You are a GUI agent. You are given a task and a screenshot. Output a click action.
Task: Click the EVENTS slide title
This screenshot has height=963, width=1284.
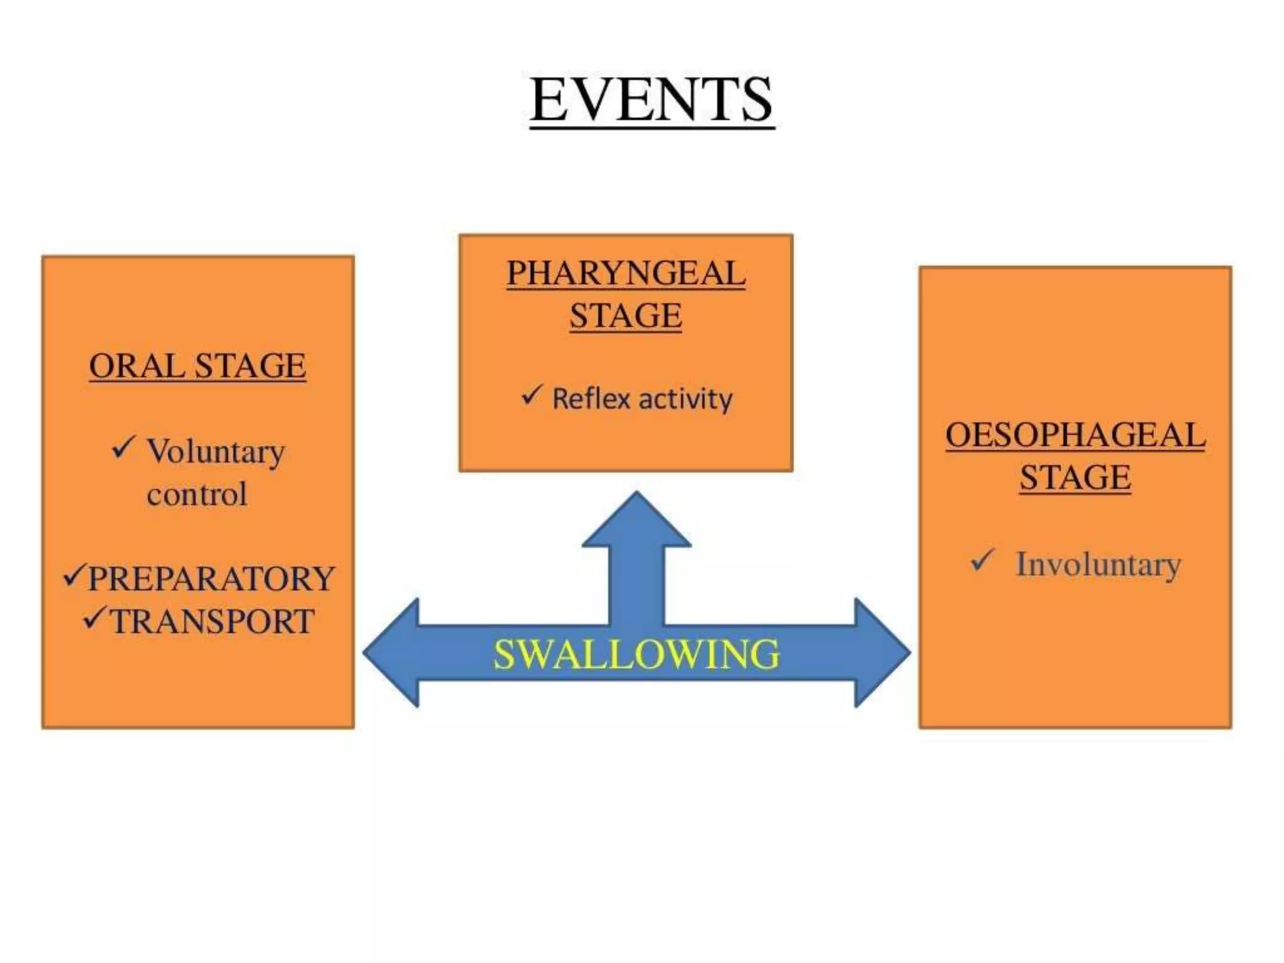coord(651,100)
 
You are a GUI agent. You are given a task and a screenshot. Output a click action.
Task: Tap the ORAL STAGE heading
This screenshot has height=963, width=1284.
coord(197,366)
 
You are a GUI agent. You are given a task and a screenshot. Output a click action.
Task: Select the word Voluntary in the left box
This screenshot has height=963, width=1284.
coord(216,451)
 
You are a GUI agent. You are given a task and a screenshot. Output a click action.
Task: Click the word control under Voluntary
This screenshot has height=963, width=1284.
coord(197,494)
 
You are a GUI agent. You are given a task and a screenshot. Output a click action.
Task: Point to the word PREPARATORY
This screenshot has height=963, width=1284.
coord(211,578)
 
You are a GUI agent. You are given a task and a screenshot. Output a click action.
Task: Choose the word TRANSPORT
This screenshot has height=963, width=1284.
coord(213,621)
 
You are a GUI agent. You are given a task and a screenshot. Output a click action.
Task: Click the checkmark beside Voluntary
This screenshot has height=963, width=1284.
coord(123,447)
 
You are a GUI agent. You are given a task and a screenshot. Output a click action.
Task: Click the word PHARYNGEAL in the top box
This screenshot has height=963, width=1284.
coord(626,273)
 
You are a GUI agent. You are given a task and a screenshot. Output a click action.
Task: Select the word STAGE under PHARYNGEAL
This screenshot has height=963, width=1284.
coord(626,315)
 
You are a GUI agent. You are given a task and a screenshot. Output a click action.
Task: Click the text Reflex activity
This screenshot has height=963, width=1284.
coord(642,399)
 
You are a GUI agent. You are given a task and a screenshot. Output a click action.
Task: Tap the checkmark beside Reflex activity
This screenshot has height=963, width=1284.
coord(531,395)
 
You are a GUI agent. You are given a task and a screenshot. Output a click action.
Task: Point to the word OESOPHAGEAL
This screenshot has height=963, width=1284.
coord(1075,435)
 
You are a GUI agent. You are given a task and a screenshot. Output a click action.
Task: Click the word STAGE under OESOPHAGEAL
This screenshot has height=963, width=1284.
coord(1075,477)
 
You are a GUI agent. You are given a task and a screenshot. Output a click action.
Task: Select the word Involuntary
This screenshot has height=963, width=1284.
coord(1098,564)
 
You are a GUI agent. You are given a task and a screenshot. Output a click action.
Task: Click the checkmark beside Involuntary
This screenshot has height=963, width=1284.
coord(982,560)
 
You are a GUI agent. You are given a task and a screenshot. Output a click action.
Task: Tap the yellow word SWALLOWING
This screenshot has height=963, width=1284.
coord(636,655)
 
